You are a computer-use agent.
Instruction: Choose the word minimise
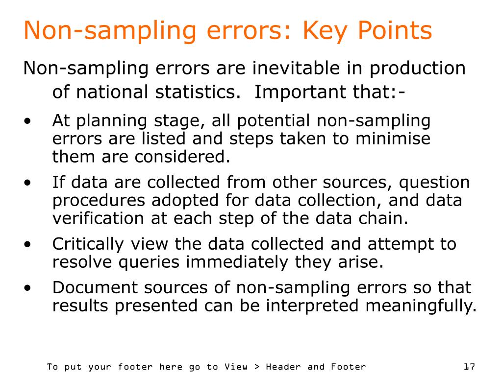coord(393,139)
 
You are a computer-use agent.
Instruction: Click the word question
coord(434,183)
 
